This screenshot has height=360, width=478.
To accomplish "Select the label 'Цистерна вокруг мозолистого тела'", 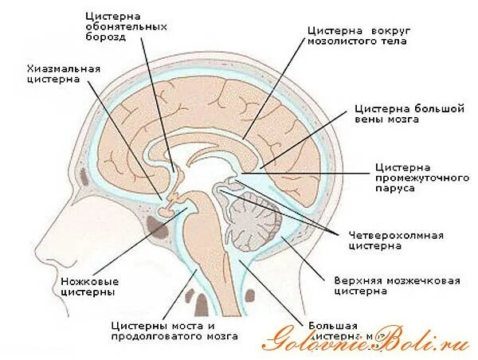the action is pyautogui.click(x=355, y=35).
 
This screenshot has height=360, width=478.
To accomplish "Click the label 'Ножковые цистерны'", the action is pyautogui.click(x=88, y=287).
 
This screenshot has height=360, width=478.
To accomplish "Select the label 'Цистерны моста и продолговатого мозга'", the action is pyautogui.click(x=174, y=331).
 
